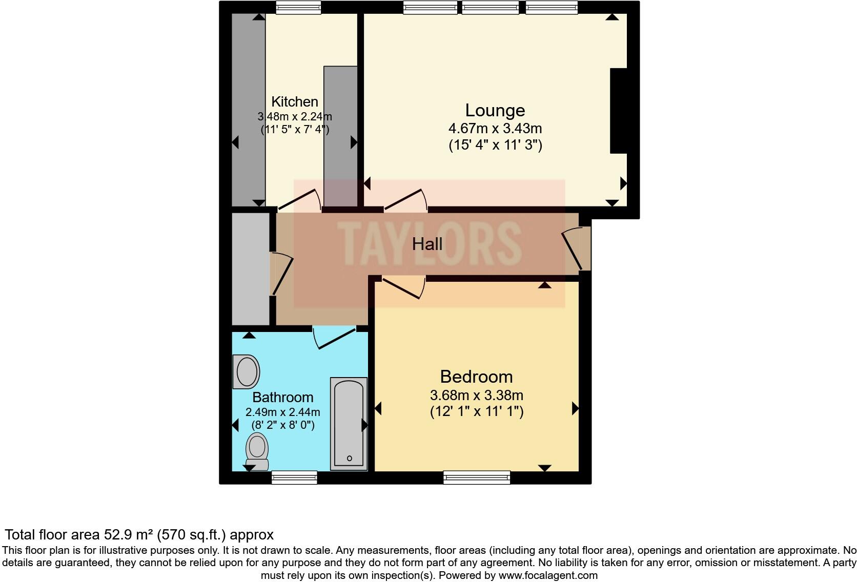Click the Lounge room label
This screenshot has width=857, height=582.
[495, 111]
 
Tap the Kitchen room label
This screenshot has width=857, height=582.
[294, 101]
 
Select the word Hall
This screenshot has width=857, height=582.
[427, 244]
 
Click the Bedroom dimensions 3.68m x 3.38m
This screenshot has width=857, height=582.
[476, 396]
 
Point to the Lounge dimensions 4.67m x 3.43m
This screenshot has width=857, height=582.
[495, 128]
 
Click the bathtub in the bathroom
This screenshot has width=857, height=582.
[349, 424]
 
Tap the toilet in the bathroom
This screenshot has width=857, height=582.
[257, 451]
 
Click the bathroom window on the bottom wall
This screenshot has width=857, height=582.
[294, 477]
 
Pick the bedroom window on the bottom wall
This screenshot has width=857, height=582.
[477, 477]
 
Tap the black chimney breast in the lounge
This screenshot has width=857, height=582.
[618, 111]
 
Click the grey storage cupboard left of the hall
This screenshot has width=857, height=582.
[251, 269]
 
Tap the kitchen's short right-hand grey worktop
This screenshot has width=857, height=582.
[340, 136]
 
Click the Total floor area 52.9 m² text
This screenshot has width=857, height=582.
[139, 535]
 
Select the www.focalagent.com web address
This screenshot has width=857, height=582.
[547, 575]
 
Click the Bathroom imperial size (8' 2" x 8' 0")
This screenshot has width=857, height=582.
[282, 425]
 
